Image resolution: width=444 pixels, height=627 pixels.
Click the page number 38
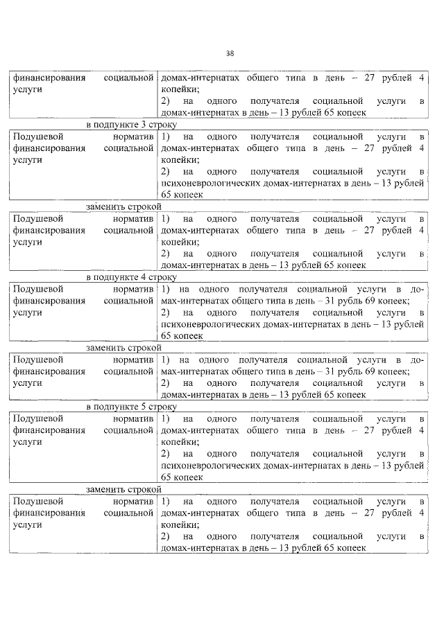click(x=230, y=54)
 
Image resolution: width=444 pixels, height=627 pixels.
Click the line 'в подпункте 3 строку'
click(x=132, y=125)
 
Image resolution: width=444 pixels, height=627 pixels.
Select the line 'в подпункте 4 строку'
click(x=132, y=276)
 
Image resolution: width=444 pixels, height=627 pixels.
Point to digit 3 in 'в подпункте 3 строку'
click(x=148, y=125)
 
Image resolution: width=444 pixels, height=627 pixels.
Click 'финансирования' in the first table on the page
click(x=49, y=78)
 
